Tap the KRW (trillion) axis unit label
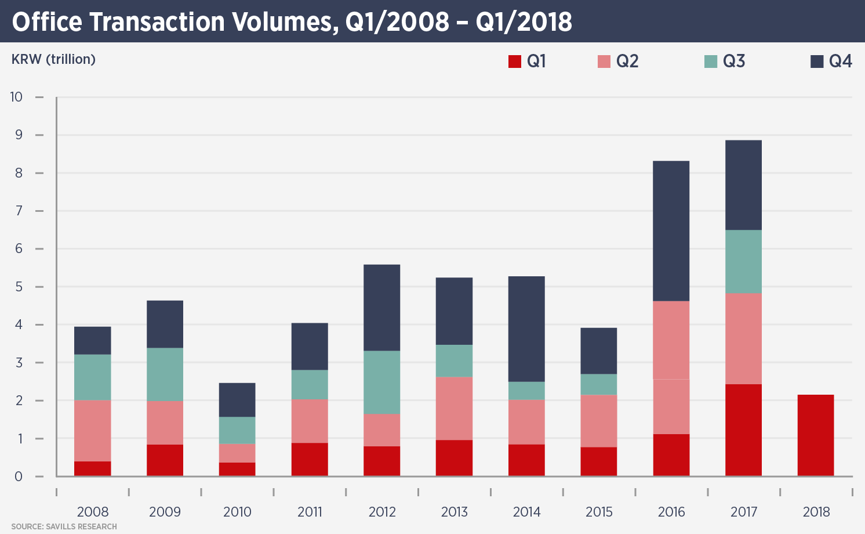pyautogui.click(x=53, y=59)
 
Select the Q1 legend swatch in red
pyautogui.click(x=515, y=62)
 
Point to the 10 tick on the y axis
pyautogui.click(x=16, y=97)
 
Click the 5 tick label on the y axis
pyautogui.click(x=19, y=287)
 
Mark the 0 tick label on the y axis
pyautogui.click(x=19, y=477)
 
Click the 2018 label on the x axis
pyautogui.click(x=816, y=512)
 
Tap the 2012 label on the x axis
pyautogui.click(x=382, y=512)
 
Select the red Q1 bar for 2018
pyautogui.click(x=816, y=435)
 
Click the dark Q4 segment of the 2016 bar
pyautogui.click(x=671, y=231)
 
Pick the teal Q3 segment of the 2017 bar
pyautogui.click(x=743, y=262)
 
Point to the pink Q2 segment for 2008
pyautogui.click(x=93, y=431)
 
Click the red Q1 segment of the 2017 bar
pyautogui.click(x=743, y=430)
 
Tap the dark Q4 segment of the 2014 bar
pyautogui.click(x=526, y=329)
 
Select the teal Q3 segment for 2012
pyautogui.click(x=382, y=383)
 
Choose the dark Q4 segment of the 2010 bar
pyautogui.click(x=237, y=400)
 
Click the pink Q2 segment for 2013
pyautogui.click(x=454, y=409)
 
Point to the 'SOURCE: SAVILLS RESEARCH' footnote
pyautogui.click(x=64, y=526)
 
